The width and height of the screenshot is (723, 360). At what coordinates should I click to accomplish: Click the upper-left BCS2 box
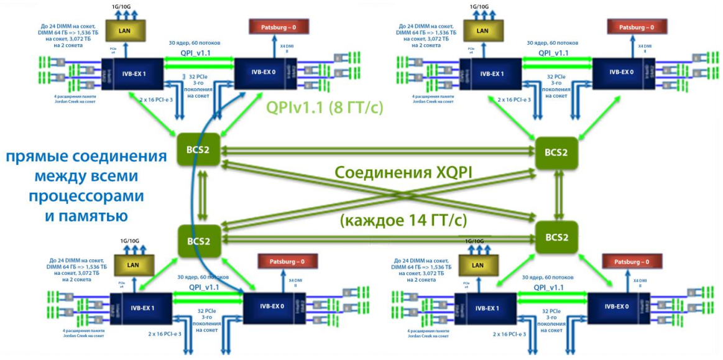[x=198, y=149]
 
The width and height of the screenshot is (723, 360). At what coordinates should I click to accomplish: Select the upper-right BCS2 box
[x=556, y=152]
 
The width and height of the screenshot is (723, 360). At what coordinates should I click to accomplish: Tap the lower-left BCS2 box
[x=198, y=241]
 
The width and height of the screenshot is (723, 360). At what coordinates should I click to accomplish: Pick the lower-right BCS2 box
[x=556, y=237]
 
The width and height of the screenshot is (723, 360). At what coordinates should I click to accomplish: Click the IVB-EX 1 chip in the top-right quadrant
[x=491, y=72]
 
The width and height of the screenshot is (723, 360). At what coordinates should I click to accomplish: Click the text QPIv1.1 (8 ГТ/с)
[x=324, y=107]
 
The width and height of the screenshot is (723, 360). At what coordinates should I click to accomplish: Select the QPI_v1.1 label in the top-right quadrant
[x=554, y=53]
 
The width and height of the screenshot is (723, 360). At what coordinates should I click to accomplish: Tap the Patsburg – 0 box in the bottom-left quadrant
[x=283, y=261]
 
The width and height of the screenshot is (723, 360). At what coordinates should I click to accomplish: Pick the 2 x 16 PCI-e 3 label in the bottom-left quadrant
[x=165, y=335]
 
